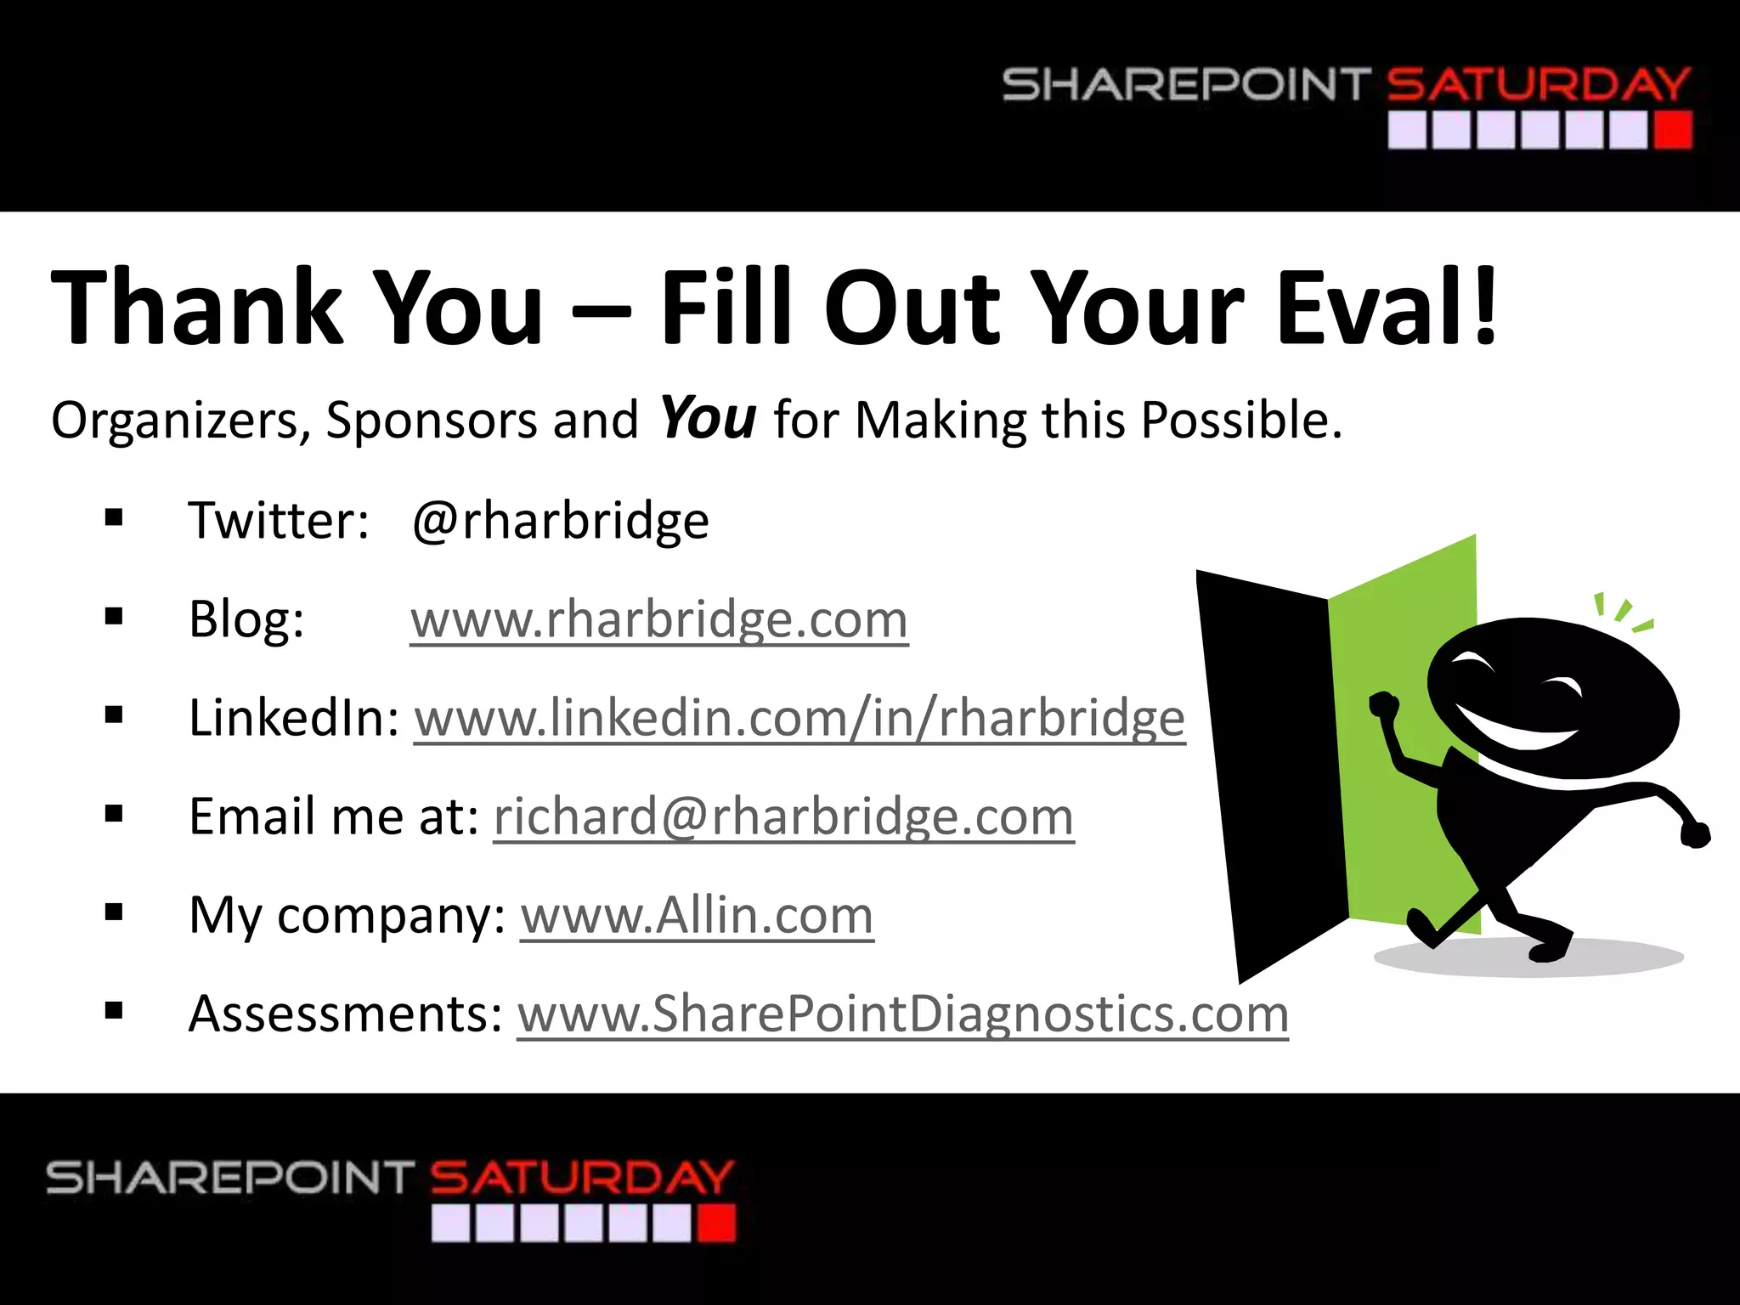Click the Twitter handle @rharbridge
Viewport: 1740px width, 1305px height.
(x=560, y=520)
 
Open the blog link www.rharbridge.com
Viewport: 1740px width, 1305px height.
(x=659, y=619)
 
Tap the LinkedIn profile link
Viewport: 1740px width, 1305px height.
(x=799, y=718)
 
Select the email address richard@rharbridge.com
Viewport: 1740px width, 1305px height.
(x=783, y=816)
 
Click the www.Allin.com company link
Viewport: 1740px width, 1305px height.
(x=697, y=915)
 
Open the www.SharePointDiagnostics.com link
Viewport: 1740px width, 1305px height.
(x=902, y=1014)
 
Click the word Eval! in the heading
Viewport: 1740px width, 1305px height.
(x=1387, y=308)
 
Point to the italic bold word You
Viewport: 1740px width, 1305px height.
(x=708, y=418)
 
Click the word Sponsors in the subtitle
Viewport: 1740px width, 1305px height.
(x=432, y=420)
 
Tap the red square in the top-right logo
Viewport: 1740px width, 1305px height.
(x=1673, y=131)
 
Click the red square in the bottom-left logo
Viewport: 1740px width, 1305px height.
(x=716, y=1224)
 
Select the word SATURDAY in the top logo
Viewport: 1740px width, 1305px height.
(x=1538, y=85)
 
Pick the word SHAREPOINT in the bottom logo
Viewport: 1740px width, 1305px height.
(x=230, y=1178)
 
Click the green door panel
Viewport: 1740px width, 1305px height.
(x=1402, y=680)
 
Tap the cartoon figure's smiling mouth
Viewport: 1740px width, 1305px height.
(x=1521, y=731)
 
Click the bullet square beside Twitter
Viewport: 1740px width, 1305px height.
(x=114, y=518)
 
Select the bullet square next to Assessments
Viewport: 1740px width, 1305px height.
(x=114, y=1012)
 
